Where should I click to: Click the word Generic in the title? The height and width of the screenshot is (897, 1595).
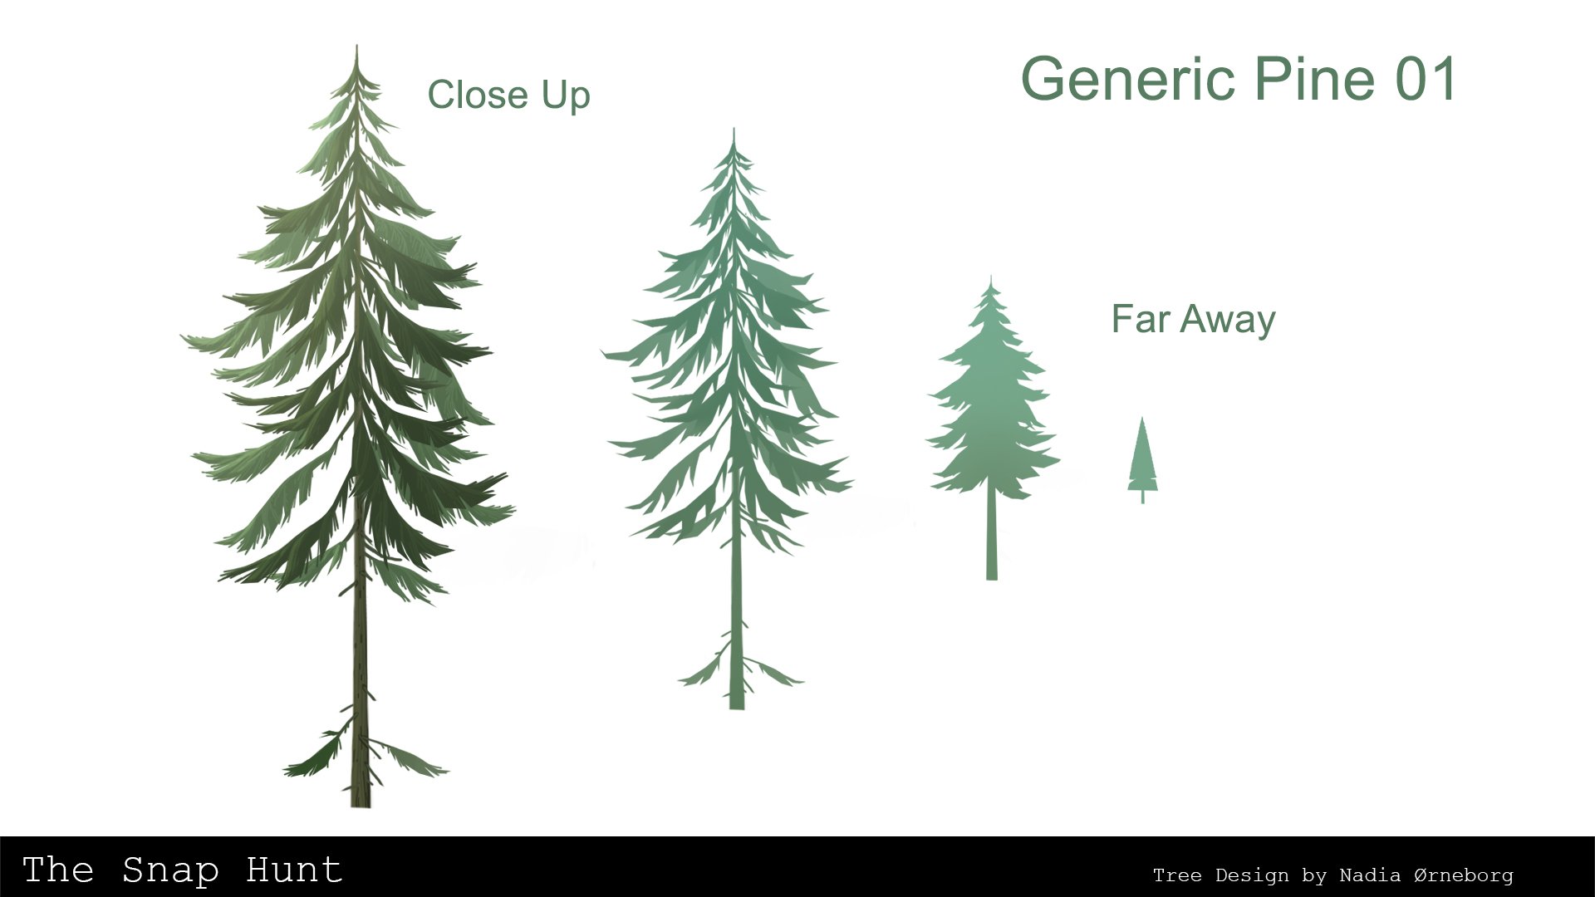(1130, 81)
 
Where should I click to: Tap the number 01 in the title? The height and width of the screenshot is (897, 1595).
(1426, 80)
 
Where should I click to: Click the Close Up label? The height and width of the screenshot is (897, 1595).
(508, 96)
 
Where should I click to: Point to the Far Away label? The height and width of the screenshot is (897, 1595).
(1193, 320)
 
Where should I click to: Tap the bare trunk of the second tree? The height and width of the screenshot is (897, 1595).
(736, 598)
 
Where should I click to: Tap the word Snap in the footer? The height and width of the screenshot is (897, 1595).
(170, 870)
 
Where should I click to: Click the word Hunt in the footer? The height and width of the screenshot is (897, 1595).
(294, 870)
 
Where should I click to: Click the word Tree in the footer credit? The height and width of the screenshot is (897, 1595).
(1176, 875)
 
